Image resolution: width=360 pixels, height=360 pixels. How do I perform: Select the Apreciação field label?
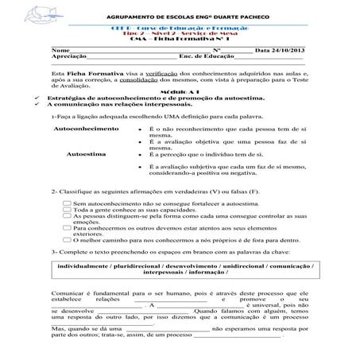68,79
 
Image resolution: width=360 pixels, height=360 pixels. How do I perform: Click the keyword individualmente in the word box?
84,267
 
